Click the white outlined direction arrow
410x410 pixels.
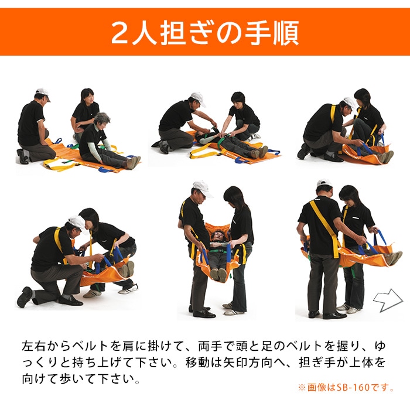tap(388, 300)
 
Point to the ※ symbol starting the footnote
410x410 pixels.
tap(302, 388)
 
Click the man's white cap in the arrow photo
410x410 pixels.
tap(324, 184)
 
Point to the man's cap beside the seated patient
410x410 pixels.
tap(42, 93)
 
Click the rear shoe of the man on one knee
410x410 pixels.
tap(25, 297)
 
